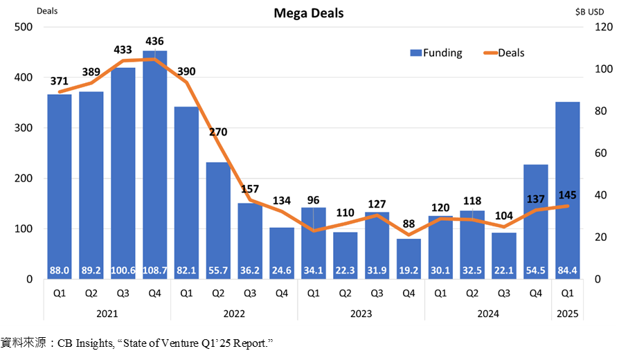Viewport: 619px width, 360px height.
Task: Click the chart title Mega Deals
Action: point(309,13)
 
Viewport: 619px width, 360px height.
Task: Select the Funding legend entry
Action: point(436,53)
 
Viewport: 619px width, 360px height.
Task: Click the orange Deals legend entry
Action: point(502,53)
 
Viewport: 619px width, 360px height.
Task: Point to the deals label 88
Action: point(409,223)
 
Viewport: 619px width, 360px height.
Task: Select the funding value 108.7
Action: point(154,270)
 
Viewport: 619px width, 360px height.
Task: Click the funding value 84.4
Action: point(568,270)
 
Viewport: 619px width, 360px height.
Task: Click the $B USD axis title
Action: point(593,10)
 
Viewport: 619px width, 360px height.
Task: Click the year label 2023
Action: point(360,314)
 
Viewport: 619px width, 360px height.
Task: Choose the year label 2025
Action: point(568,314)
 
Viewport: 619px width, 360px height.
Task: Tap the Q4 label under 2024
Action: point(536,293)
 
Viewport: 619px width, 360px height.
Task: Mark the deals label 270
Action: point(218,132)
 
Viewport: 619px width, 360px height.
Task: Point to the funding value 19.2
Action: point(409,270)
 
